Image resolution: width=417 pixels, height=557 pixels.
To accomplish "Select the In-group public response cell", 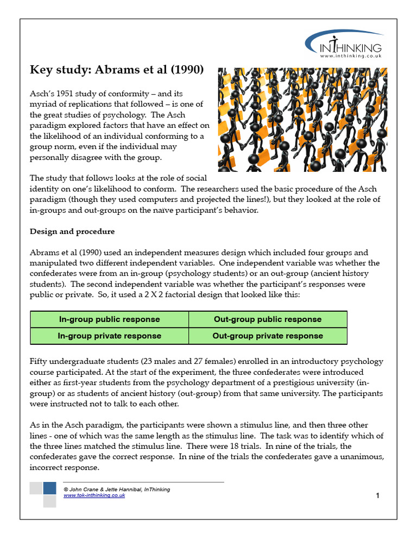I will (x=109, y=319).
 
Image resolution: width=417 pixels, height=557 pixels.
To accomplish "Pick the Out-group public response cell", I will (x=268, y=319).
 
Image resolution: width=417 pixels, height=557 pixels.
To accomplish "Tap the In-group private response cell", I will (x=109, y=336).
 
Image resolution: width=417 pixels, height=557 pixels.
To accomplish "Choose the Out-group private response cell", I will (x=268, y=336).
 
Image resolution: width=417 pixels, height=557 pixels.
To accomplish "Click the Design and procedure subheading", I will (x=72, y=231).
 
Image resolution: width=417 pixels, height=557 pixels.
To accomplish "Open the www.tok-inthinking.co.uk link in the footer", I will (x=94, y=496).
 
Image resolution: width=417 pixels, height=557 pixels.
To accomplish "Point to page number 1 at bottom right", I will (x=377, y=495).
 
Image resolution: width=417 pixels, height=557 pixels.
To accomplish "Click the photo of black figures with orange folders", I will (x=302, y=120).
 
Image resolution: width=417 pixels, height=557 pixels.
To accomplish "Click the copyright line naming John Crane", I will (x=116, y=489).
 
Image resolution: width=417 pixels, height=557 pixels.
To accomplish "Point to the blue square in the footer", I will (x=49, y=488).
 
